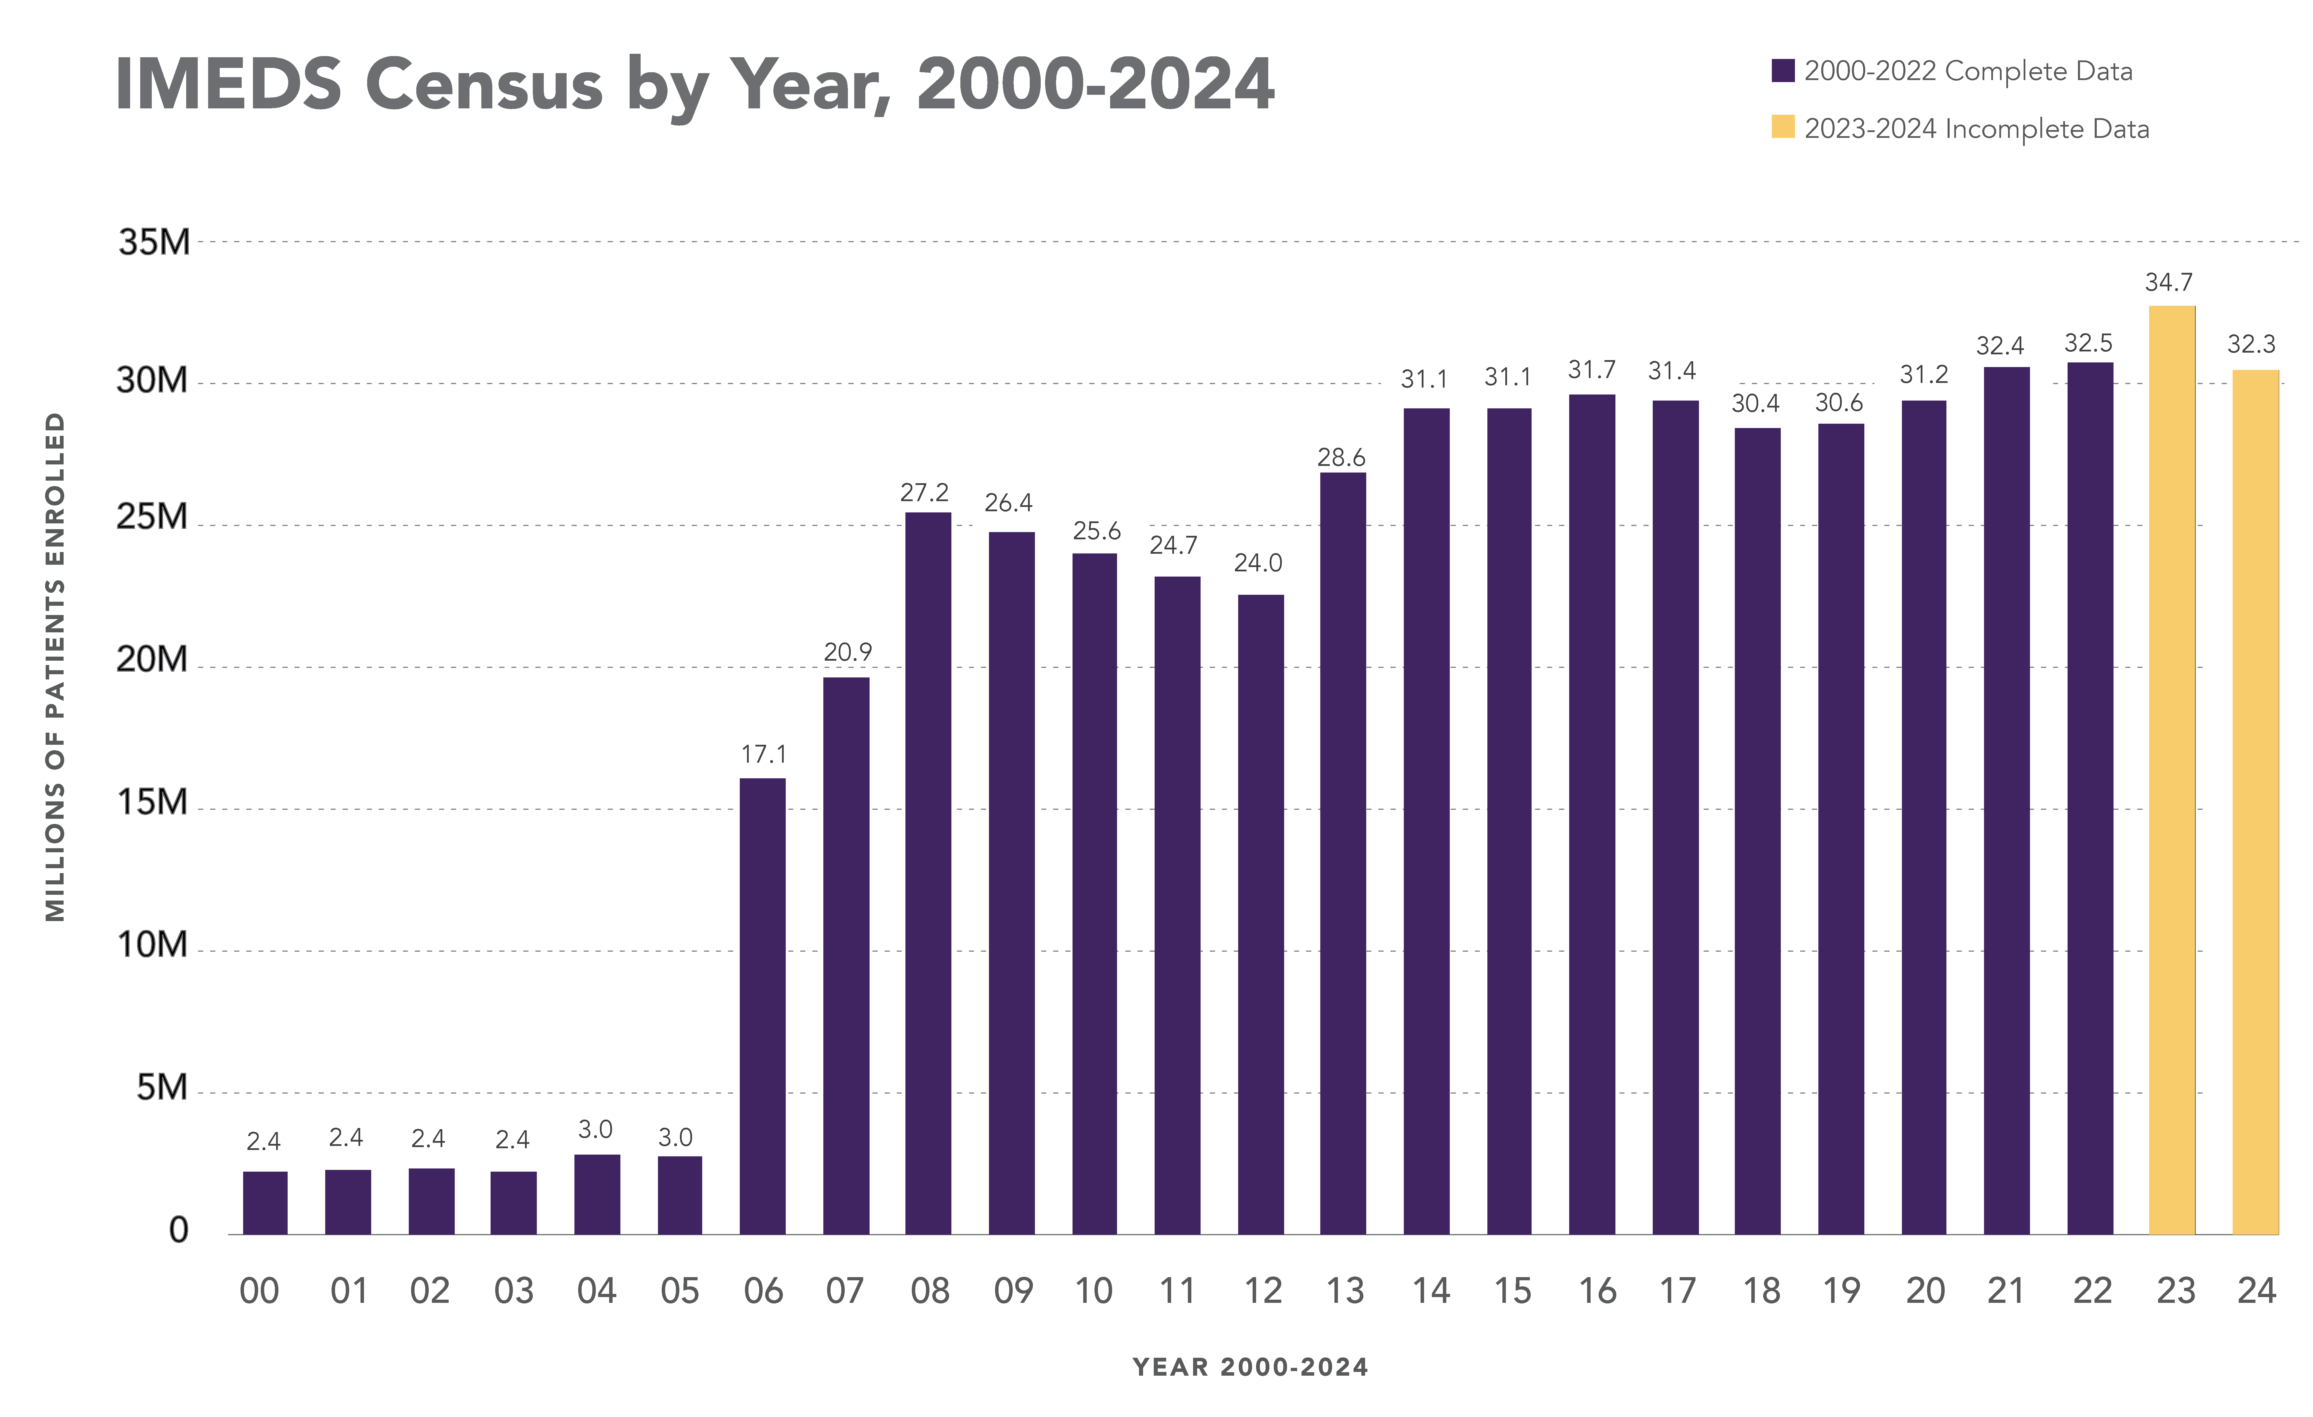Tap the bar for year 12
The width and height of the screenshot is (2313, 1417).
point(1261,915)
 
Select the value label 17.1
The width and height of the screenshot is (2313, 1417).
point(763,755)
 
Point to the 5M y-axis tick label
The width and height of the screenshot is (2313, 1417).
point(162,1088)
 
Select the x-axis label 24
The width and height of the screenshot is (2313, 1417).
point(2256,1291)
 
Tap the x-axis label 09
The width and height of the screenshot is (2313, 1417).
point(1013,1291)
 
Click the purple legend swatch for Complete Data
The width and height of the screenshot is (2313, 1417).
point(1783,71)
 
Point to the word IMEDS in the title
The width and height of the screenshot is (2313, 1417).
point(228,84)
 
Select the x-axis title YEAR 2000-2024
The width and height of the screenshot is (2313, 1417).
point(1250,1367)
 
